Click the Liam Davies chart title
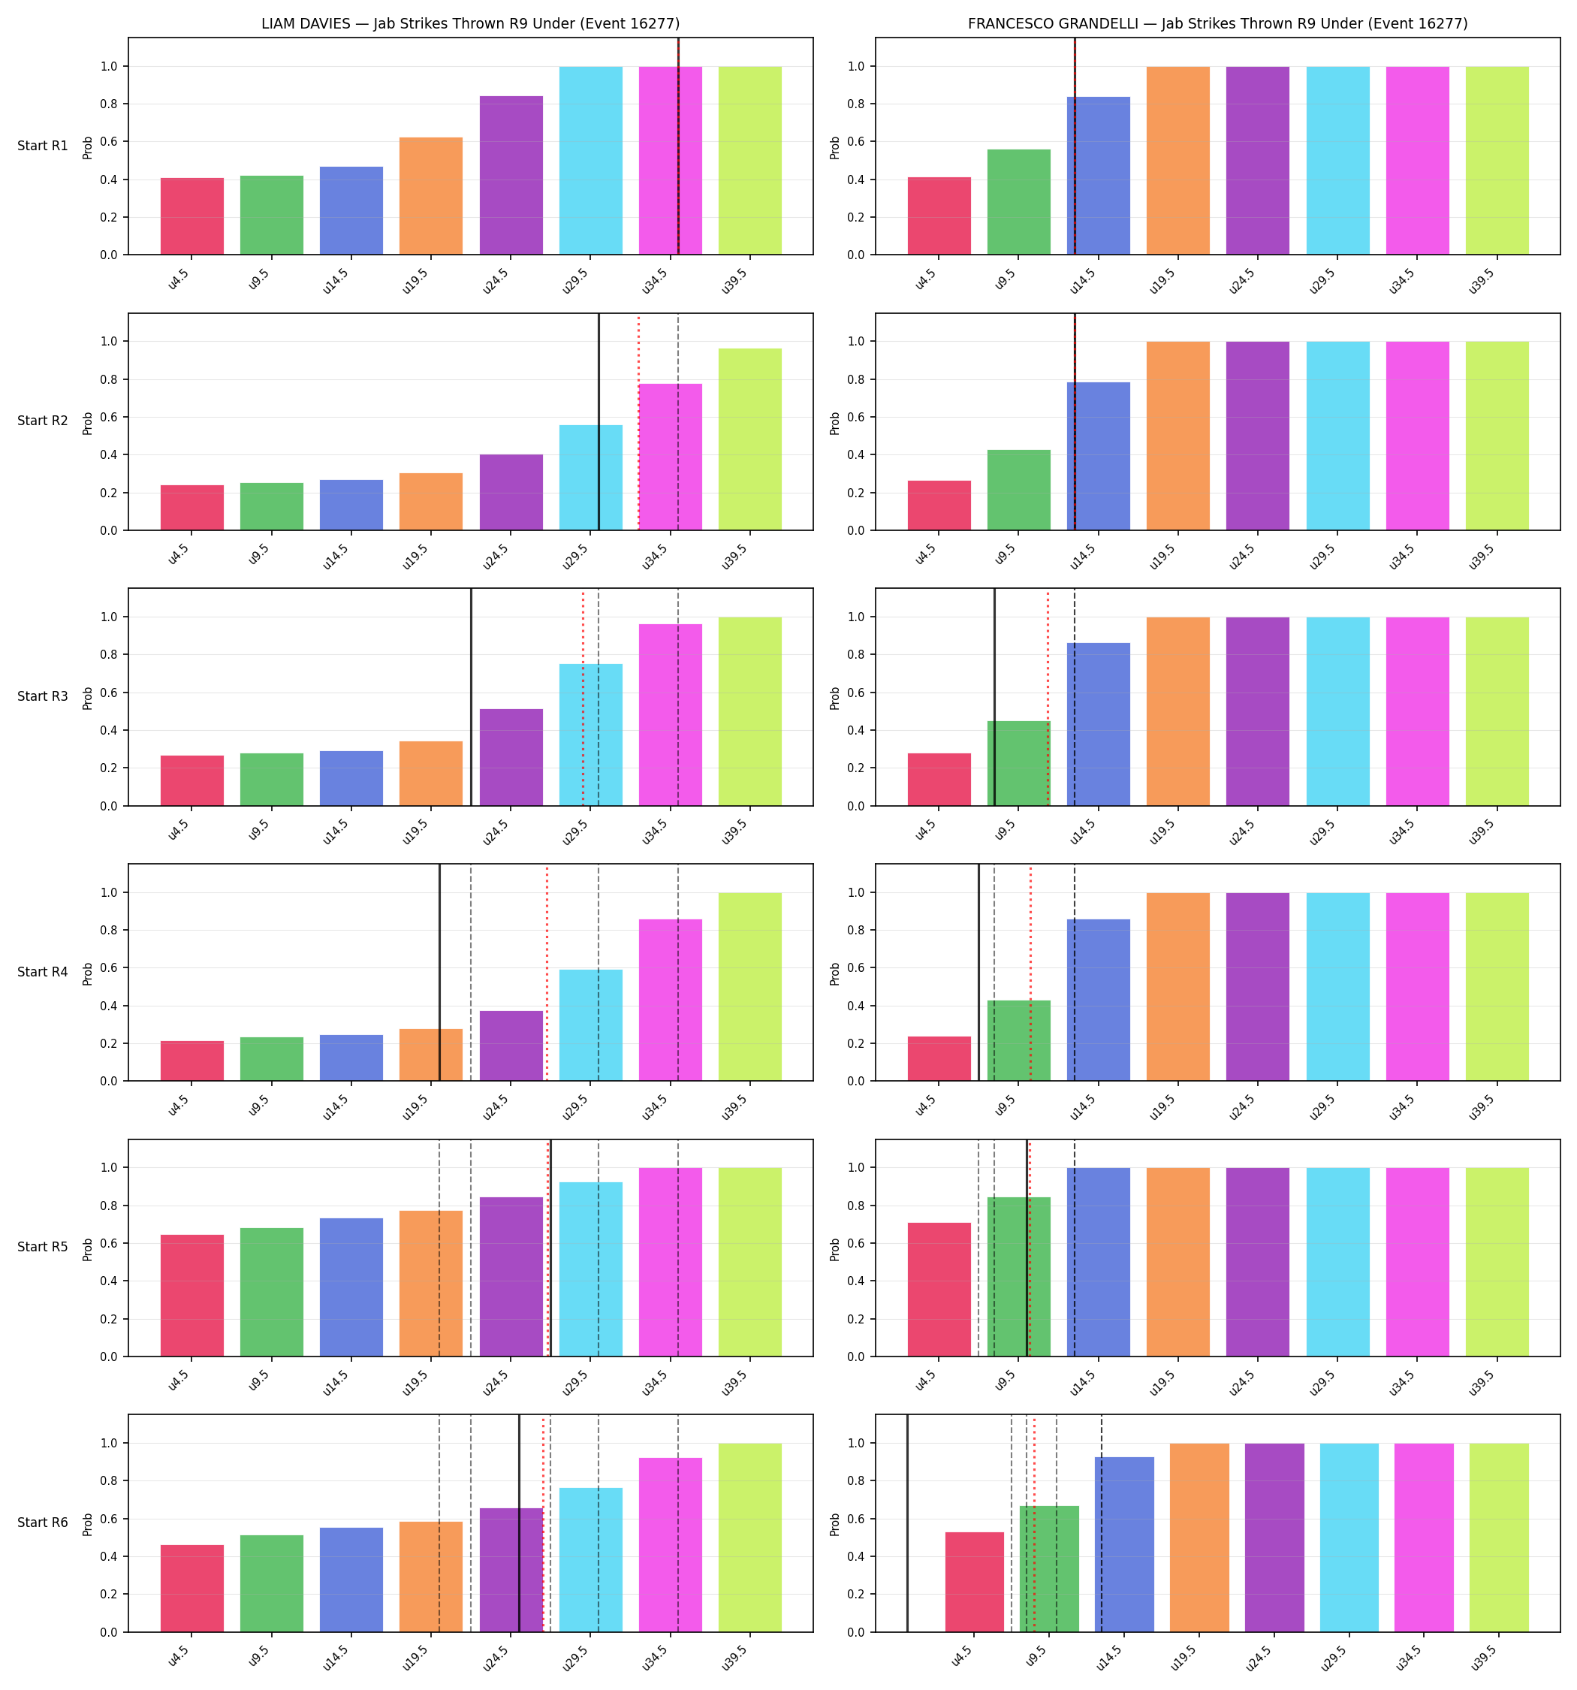(x=470, y=24)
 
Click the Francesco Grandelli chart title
(x=1217, y=24)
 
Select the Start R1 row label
(x=43, y=146)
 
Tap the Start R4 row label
(x=43, y=972)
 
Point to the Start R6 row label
(x=43, y=1523)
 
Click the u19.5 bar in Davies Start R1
(x=431, y=195)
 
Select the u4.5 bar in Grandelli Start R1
(x=939, y=216)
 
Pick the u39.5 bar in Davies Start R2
(x=749, y=439)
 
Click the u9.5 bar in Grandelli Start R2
(x=1018, y=490)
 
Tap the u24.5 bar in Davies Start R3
(x=511, y=757)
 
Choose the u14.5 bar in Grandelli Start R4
(x=1099, y=1000)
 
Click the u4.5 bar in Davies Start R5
(x=192, y=1296)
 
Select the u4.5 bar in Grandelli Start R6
(x=974, y=1582)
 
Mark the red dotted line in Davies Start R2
(x=638, y=421)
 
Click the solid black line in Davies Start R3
(x=471, y=697)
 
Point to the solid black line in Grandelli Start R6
(x=907, y=1523)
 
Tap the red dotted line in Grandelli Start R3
(x=1048, y=697)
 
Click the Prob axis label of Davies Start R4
(x=88, y=974)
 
